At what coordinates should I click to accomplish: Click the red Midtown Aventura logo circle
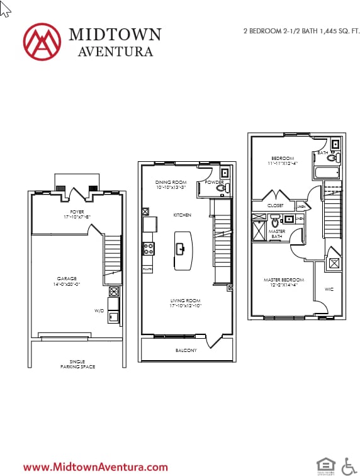coord(42,42)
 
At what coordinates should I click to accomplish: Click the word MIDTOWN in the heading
coord(115,35)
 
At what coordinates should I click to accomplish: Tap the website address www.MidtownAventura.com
coord(96,467)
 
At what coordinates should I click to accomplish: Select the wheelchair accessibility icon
coord(348,466)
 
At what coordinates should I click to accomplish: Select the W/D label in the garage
coord(99,310)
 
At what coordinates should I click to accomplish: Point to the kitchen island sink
coord(182,248)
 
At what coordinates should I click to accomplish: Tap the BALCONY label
coord(186,350)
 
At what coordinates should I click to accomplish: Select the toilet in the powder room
coord(221,188)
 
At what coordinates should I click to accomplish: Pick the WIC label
coord(329,289)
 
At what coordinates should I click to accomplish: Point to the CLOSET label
coord(275,205)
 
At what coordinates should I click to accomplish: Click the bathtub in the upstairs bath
coord(326,172)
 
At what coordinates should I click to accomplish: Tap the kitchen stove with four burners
coord(149,249)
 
